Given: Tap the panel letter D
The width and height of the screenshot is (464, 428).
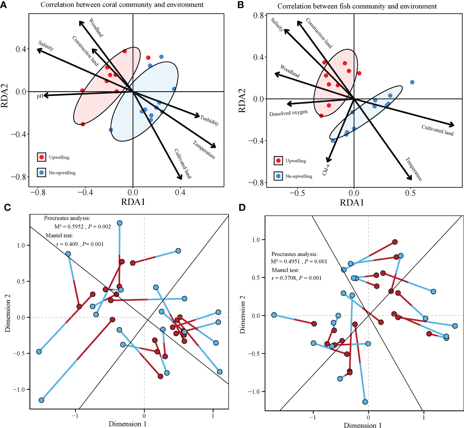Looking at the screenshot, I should click(242, 208).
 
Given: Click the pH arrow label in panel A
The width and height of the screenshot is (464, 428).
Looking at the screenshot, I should click(40, 96).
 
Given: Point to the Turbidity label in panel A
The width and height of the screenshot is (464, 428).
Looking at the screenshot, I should click(210, 120).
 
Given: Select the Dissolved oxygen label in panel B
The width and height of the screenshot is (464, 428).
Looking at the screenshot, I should click(288, 113).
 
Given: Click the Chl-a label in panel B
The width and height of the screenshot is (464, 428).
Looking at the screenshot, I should click(326, 169).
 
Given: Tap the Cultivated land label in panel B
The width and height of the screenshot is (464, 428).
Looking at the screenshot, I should click(437, 130).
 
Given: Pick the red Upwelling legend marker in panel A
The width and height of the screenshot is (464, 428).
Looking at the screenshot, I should click(42, 157).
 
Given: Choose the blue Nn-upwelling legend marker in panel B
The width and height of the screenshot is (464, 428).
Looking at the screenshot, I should click(278, 176).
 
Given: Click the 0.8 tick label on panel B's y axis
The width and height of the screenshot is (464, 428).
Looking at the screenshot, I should click(258, 15).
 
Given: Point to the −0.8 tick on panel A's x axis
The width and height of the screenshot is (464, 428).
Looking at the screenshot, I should click(38, 192).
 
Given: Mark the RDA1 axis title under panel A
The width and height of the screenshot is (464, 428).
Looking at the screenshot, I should click(133, 202).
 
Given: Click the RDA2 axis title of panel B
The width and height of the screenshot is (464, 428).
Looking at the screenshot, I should click(242, 101).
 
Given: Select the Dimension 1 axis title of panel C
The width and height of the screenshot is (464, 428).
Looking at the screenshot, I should click(127, 424).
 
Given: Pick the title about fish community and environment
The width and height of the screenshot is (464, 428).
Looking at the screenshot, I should click(357, 6).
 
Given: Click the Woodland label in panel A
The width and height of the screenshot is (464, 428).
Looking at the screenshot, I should click(96, 27).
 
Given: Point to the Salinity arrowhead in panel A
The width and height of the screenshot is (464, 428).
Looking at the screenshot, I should click(38, 50).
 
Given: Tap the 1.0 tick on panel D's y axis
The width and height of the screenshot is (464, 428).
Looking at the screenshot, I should click(256, 240).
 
